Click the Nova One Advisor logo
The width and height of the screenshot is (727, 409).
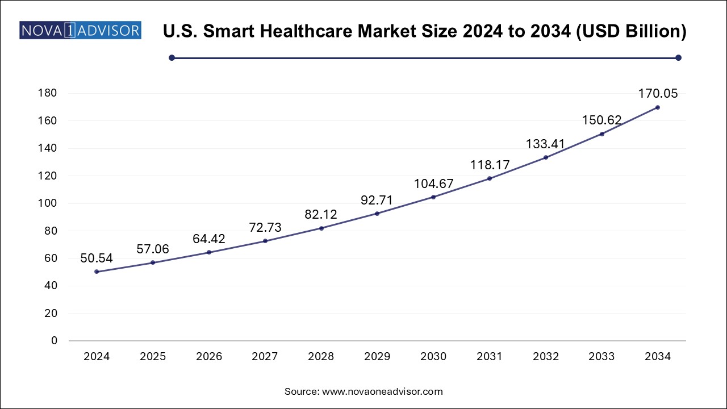click(80, 30)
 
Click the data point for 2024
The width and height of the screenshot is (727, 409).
click(97, 272)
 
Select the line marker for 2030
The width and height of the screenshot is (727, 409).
click(433, 197)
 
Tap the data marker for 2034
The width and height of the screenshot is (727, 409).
click(657, 107)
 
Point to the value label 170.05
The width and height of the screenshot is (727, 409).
click(657, 94)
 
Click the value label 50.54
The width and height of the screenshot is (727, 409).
click(97, 258)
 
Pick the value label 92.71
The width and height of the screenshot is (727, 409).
click(377, 200)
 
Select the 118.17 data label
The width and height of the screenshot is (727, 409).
click(489, 165)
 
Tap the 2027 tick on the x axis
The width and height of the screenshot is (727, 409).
click(265, 357)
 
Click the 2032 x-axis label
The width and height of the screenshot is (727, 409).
click(545, 357)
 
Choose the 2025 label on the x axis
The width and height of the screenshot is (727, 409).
click(153, 357)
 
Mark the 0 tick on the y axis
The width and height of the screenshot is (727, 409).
click(54, 341)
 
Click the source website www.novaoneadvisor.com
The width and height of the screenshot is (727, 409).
click(382, 391)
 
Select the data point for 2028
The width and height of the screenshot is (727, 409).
click(321, 228)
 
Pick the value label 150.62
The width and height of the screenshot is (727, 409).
click(601, 120)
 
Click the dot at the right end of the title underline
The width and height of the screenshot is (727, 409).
click(678, 57)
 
